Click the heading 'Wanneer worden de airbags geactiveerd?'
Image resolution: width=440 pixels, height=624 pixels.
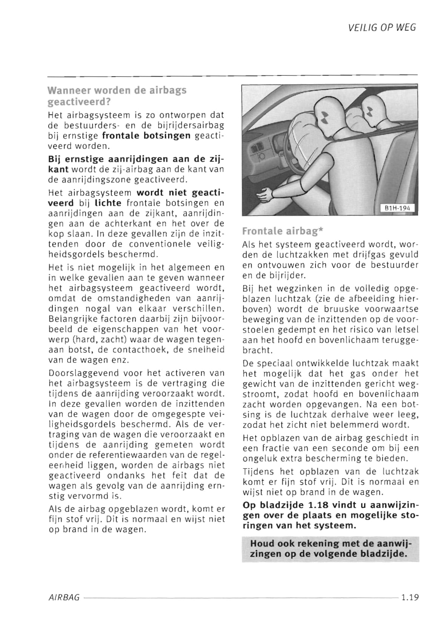click(x=117, y=96)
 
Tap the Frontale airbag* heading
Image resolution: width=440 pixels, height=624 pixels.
click(x=283, y=231)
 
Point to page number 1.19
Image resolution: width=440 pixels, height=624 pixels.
click(x=410, y=597)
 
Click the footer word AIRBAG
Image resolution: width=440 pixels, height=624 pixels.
click(x=64, y=597)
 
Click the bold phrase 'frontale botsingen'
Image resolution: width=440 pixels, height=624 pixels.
click(x=146, y=135)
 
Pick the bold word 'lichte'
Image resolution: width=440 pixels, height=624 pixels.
click(x=108, y=203)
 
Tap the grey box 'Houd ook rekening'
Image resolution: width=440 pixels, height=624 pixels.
click(x=330, y=549)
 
